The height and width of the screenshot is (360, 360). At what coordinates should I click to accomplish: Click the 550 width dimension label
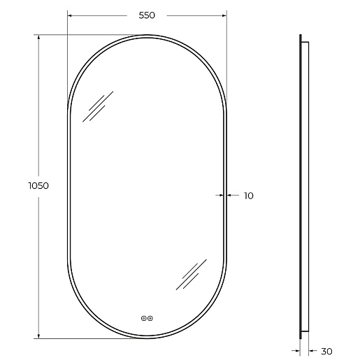point(147,15)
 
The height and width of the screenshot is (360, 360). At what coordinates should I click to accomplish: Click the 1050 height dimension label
point(38,186)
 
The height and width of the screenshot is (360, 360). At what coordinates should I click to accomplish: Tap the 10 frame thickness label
point(248,196)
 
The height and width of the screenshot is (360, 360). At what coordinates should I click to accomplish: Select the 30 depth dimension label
point(326,352)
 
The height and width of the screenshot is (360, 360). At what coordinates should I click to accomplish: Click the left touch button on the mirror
point(144,318)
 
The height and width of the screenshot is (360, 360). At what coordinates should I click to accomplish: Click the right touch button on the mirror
point(150,318)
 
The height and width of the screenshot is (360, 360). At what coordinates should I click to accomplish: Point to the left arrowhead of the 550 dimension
point(69,15)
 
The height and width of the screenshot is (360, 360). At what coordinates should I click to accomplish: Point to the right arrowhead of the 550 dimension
point(224,15)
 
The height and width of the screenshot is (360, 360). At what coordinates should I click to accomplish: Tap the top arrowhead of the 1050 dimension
point(38,37)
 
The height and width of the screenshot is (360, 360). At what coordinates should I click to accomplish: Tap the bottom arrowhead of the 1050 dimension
point(38,336)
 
